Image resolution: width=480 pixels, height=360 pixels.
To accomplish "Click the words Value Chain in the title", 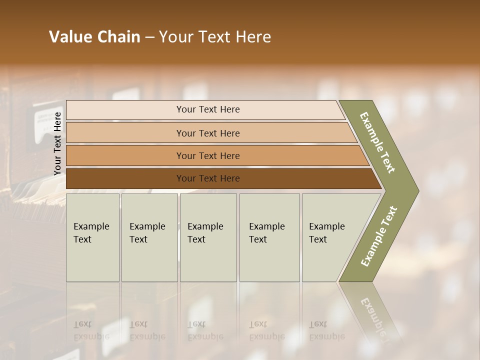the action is pyautogui.click(x=94, y=37).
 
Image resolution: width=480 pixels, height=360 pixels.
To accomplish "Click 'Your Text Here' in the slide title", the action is pyautogui.click(x=215, y=37).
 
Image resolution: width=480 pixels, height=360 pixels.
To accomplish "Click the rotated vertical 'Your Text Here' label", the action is pyautogui.click(x=57, y=143).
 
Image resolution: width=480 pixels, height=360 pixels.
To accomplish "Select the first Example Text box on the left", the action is pyautogui.click(x=92, y=237).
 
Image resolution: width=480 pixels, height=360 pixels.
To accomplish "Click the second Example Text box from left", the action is pyautogui.click(x=149, y=237).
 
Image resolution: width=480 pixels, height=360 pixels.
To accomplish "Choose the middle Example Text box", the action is pyautogui.click(x=208, y=237).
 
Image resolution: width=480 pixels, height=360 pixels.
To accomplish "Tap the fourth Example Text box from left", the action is pyautogui.click(x=269, y=237).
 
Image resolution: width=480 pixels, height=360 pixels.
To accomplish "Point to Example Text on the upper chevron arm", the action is pyautogui.click(x=377, y=142).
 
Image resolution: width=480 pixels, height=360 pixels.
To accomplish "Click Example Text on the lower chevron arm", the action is pyautogui.click(x=379, y=236).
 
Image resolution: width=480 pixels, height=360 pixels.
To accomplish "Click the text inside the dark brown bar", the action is pyautogui.click(x=208, y=178).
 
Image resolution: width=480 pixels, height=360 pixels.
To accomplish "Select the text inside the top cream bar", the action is pyautogui.click(x=208, y=109).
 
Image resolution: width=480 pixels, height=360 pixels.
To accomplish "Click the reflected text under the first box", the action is pyautogui.click(x=91, y=330).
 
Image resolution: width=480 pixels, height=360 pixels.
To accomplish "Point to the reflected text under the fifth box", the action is pyautogui.click(x=326, y=330).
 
